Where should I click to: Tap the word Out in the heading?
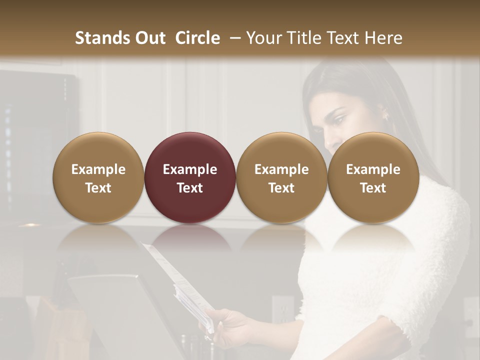point(149,38)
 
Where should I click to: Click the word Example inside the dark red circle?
point(189,169)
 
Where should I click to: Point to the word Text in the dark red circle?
point(189,188)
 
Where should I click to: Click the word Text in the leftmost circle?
point(98,188)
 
